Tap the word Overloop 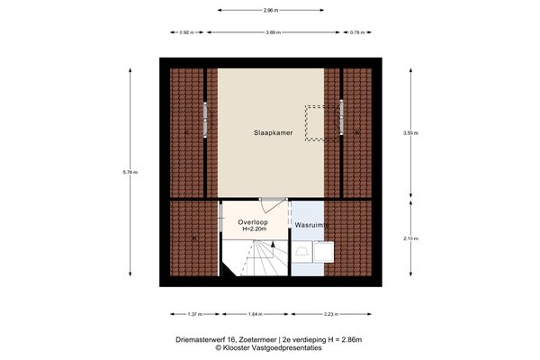253,221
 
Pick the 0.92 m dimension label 187,32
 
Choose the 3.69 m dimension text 272,32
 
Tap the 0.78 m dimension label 356,32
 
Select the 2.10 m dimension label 409,238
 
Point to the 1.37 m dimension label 193,314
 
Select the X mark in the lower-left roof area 194,238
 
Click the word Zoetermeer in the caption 253,339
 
